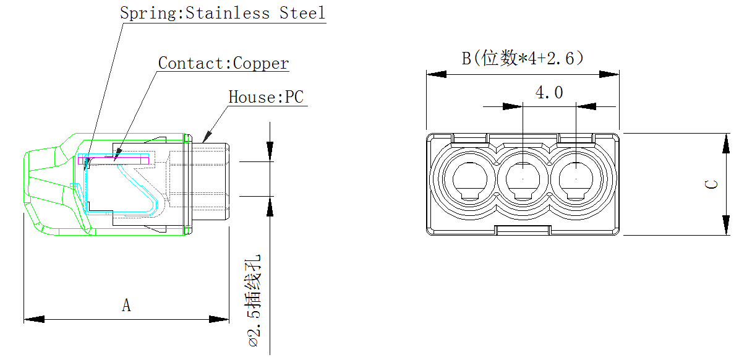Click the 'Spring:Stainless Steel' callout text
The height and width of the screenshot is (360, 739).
pos(222,13)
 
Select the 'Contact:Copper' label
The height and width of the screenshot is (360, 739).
pos(223,63)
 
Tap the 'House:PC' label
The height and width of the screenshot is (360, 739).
pos(266,97)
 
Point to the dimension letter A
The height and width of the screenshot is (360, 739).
pos(126,306)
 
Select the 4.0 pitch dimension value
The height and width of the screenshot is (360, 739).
pos(549,93)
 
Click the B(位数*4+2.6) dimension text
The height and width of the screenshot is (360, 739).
pos(523,59)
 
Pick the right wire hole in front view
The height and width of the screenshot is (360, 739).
pos(576,180)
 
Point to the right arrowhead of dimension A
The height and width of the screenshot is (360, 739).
pos(220,319)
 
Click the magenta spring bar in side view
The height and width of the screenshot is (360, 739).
pos(114,160)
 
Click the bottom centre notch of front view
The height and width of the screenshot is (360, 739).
pos(523,230)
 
